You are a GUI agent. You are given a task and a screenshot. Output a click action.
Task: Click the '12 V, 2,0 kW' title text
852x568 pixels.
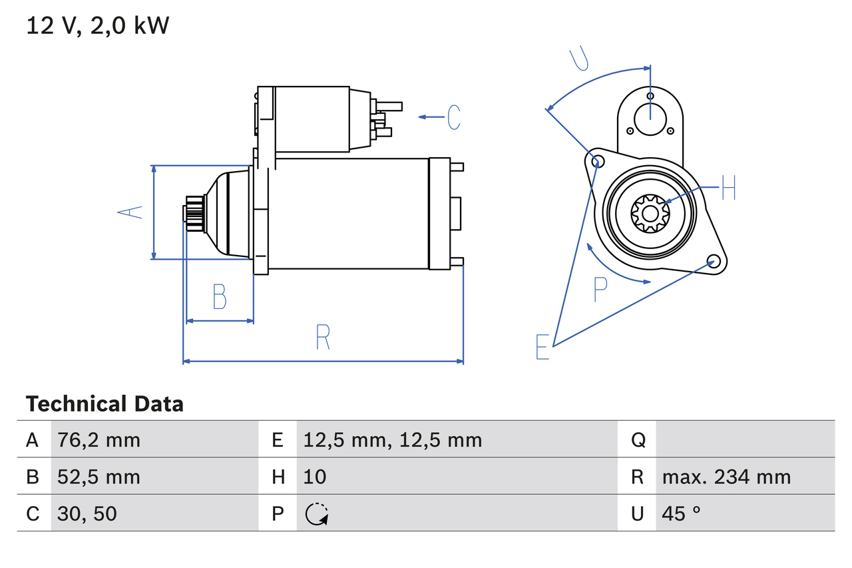tap(98, 26)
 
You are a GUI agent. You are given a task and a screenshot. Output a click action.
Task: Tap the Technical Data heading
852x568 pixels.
tap(105, 404)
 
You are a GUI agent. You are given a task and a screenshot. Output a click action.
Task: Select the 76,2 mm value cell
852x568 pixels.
tap(99, 440)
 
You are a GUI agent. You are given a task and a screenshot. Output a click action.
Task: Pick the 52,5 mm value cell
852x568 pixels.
tap(99, 477)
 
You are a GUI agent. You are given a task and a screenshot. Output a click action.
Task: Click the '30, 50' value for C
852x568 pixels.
tap(87, 513)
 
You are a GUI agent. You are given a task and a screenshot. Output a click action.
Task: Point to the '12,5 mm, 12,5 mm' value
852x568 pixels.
tap(392, 440)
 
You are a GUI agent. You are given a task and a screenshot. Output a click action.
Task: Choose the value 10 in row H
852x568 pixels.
tap(315, 477)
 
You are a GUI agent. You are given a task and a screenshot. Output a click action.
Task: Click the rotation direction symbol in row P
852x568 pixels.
tap(317, 514)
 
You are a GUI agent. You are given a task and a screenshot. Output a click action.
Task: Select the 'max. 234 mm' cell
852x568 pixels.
tap(726, 477)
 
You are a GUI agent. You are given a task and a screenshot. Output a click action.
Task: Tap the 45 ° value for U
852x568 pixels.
tap(682, 513)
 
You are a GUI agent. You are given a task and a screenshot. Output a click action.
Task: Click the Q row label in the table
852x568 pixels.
tap(638, 440)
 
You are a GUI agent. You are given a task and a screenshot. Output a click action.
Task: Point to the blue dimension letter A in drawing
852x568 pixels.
tap(130, 212)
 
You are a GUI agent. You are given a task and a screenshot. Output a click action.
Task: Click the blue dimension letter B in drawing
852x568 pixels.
tap(220, 297)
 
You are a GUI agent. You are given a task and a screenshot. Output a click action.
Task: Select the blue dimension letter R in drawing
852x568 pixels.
tap(323, 337)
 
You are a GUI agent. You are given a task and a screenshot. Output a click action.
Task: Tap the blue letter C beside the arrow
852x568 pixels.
tap(454, 117)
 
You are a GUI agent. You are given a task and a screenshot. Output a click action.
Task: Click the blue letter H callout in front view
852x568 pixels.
tap(728, 188)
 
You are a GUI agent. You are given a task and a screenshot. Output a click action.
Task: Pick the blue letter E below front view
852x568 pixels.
tap(543, 347)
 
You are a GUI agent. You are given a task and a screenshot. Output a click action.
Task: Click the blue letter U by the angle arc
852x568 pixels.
tap(580, 59)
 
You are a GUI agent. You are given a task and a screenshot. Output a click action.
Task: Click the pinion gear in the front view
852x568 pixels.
tap(650, 213)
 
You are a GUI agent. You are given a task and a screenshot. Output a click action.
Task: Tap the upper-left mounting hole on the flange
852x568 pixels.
tap(597, 160)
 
